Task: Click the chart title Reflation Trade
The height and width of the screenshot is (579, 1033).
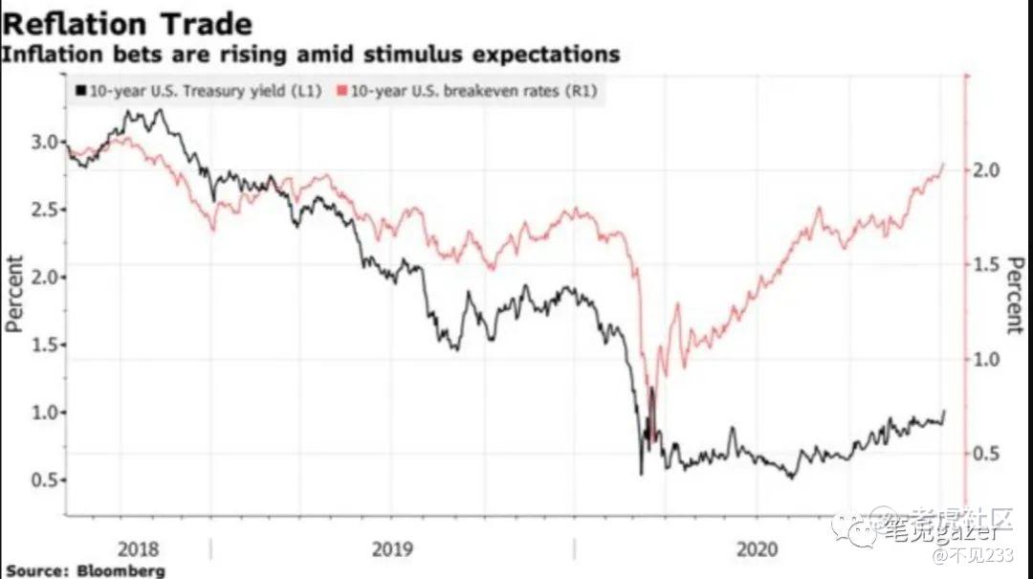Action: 126,22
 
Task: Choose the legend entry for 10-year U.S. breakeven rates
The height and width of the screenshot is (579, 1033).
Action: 474,91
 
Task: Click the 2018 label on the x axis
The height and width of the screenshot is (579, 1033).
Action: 139,549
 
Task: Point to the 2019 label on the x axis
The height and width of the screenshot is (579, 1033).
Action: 391,549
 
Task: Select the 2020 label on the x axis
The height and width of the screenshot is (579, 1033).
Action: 758,549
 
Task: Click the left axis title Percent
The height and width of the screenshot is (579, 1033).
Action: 14,293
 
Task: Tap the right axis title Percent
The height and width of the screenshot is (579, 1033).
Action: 1015,293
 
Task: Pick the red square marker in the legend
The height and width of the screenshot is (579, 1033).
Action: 341,91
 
